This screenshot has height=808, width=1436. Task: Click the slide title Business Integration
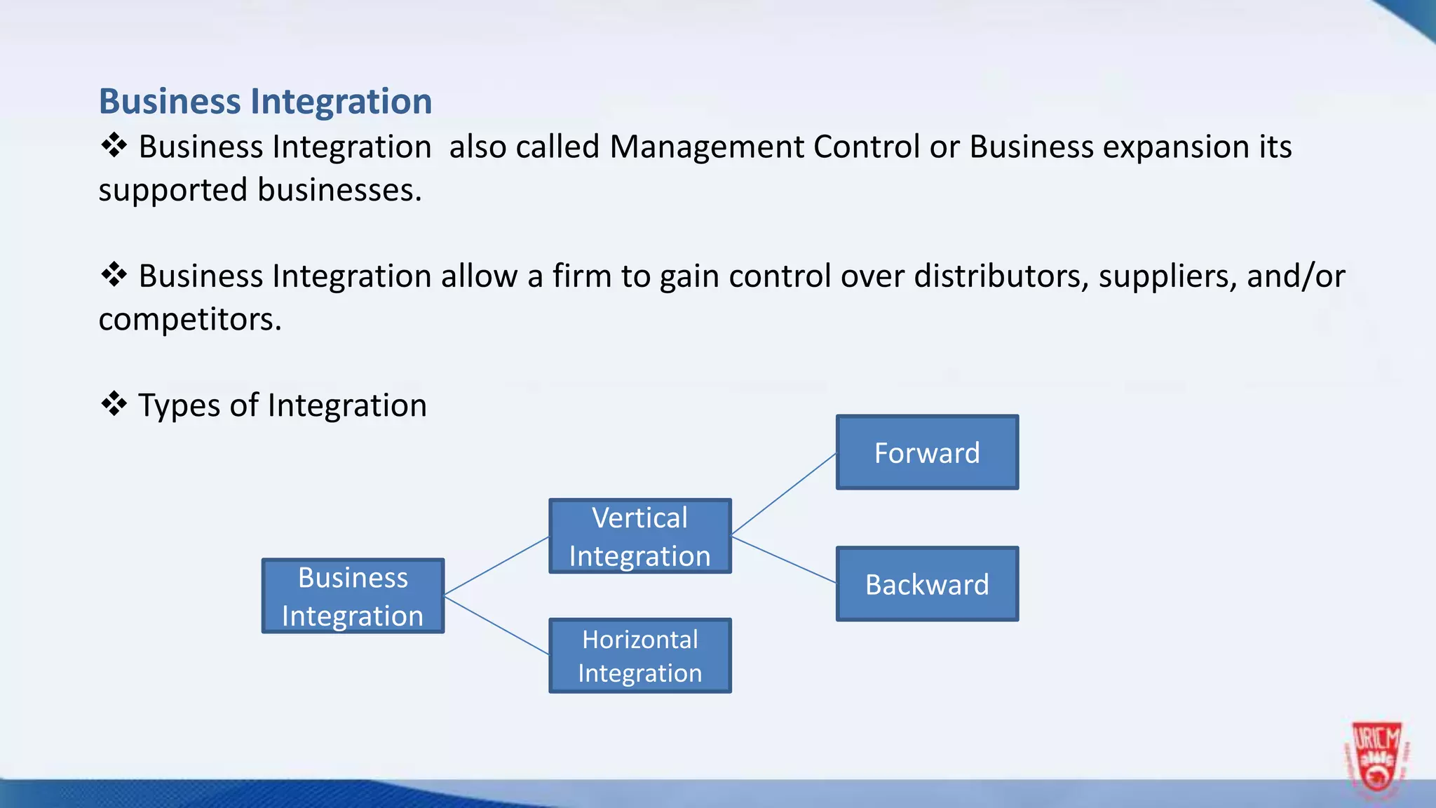click(x=265, y=102)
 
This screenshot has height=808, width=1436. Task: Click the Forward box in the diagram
click(x=927, y=452)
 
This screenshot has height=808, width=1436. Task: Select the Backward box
click(x=927, y=584)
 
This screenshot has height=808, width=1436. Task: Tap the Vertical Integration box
click(x=639, y=537)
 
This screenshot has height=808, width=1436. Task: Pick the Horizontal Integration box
click(x=639, y=656)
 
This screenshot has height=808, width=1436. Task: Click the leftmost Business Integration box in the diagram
click(x=353, y=596)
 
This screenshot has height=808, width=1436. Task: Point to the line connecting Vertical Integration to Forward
click(x=783, y=495)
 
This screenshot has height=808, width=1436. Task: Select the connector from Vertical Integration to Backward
click(x=783, y=560)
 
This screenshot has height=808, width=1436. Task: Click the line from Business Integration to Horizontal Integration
click(x=496, y=625)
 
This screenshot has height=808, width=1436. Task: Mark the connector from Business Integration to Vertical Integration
click(x=496, y=566)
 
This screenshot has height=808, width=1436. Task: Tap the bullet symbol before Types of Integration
click(x=114, y=404)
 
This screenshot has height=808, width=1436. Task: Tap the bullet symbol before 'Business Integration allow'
click(x=114, y=274)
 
